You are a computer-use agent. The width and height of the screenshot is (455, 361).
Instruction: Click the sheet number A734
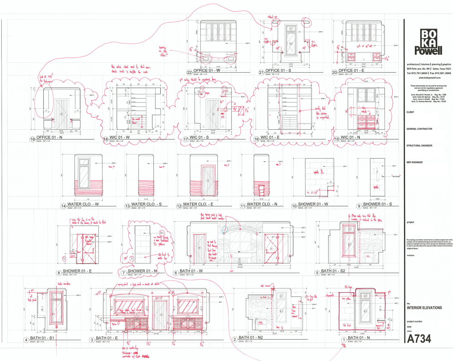(419, 338)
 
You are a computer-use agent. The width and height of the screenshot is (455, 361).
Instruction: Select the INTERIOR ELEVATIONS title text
(424, 308)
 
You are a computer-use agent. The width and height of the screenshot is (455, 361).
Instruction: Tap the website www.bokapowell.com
(429, 78)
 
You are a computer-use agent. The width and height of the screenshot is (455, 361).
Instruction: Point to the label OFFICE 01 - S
(278, 70)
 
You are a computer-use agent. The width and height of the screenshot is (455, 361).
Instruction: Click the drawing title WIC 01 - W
(120, 137)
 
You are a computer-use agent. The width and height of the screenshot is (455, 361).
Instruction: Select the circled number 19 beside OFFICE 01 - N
(33, 139)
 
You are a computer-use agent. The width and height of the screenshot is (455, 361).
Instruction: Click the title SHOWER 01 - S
(377, 204)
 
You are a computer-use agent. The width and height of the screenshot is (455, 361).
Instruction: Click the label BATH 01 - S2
(333, 271)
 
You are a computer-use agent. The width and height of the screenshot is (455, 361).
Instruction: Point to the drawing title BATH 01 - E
(107, 338)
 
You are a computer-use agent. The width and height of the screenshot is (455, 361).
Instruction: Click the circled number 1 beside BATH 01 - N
(344, 340)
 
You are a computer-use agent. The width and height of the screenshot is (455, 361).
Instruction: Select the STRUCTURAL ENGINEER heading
(419, 146)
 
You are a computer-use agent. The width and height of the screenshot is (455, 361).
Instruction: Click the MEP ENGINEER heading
(414, 162)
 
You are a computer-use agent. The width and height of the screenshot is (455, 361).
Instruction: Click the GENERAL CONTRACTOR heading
(419, 129)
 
